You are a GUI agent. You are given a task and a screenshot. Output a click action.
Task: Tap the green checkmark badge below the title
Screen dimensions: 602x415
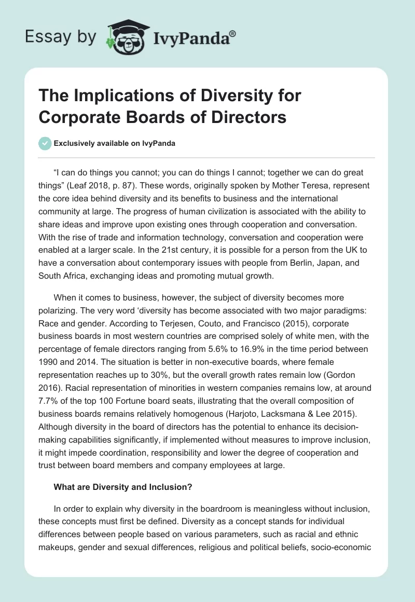45,143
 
